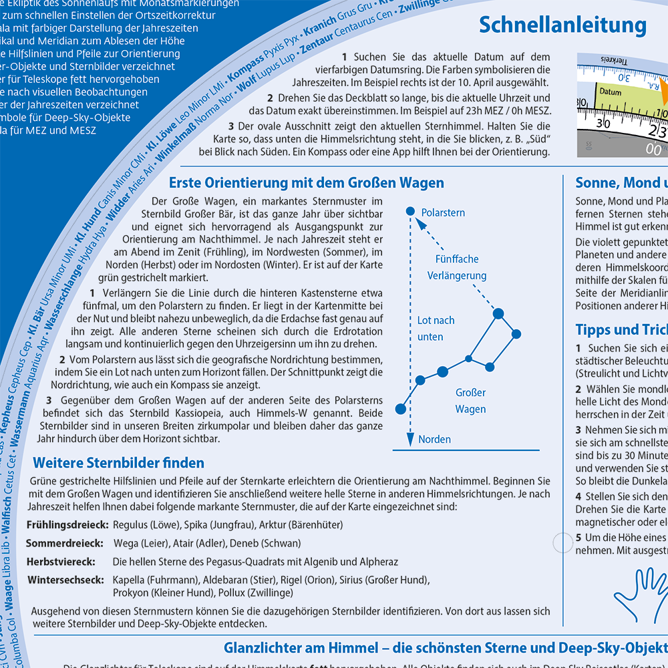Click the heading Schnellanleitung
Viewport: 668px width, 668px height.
point(562,25)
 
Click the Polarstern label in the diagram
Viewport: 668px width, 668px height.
point(443,212)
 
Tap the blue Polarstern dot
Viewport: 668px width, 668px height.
point(410,212)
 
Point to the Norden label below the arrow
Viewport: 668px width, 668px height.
point(434,439)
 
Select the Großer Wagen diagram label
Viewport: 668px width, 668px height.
point(470,401)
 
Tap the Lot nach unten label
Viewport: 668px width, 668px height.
point(436,328)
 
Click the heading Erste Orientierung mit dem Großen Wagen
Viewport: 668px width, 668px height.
point(306,183)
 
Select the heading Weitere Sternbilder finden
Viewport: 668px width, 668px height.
point(118,462)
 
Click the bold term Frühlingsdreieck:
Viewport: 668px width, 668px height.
point(67,525)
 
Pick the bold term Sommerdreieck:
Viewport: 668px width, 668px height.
point(65,543)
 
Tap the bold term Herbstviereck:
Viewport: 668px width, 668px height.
point(61,562)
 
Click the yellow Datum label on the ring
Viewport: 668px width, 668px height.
point(611,92)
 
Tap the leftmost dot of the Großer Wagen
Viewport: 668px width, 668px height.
point(400,408)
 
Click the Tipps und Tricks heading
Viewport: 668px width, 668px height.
point(621,330)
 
